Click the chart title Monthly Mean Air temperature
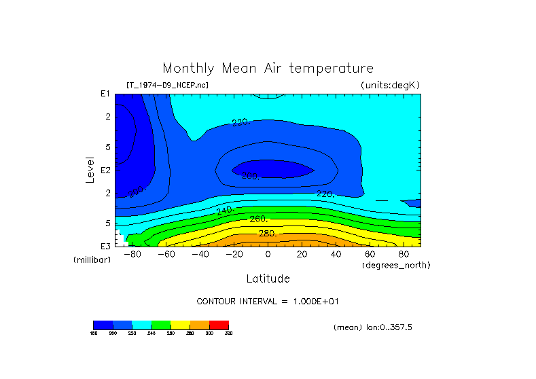[x=268, y=69]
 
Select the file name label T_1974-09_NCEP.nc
[x=168, y=85]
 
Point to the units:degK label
[x=391, y=85]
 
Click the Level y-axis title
[x=90, y=169]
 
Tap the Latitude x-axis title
[x=268, y=278]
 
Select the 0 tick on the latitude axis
[x=268, y=254]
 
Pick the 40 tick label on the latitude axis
[x=336, y=254]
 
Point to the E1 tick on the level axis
[x=105, y=94]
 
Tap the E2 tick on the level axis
[x=105, y=170]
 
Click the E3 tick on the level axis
[x=105, y=246]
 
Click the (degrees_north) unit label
[x=396, y=265]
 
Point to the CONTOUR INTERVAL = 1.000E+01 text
[x=268, y=301]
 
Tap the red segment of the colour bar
[x=219, y=325]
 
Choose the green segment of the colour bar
[x=161, y=325]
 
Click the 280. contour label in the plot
[x=267, y=234]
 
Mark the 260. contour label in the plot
[x=259, y=219]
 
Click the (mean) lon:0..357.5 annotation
[x=373, y=327]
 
